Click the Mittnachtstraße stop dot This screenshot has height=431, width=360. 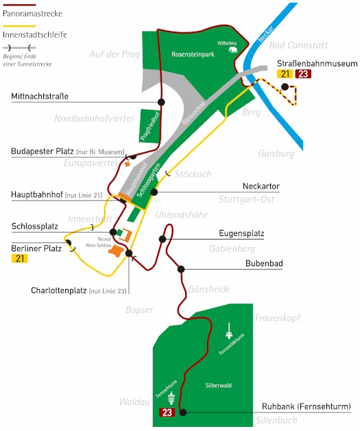click(x=161, y=102)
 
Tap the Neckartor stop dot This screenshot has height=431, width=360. click(x=154, y=192)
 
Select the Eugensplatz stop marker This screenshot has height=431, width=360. click(x=163, y=239)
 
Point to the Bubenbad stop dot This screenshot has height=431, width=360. click(x=181, y=269)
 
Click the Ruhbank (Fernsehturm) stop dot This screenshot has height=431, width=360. click(x=183, y=412)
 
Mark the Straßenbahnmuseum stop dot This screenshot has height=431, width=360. click(x=285, y=87)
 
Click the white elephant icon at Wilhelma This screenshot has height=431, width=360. click(x=233, y=49)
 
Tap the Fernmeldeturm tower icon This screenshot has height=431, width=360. click(x=229, y=331)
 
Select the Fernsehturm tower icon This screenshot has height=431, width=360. click(x=171, y=398)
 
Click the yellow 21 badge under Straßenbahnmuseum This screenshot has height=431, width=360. click(x=285, y=74)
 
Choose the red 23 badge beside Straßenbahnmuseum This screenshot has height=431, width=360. click(x=303, y=74)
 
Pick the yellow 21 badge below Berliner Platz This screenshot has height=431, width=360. click(x=20, y=259)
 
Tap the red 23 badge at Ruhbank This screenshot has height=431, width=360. click(x=167, y=412)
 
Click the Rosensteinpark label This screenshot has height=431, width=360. click(x=193, y=54)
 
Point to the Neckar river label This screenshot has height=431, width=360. click(x=265, y=34)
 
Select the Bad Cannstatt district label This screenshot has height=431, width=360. click(x=298, y=45)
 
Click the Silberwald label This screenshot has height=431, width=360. click(x=218, y=386)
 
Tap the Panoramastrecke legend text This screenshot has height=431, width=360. click(x=32, y=14)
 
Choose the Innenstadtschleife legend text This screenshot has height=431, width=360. click(x=35, y=34)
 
